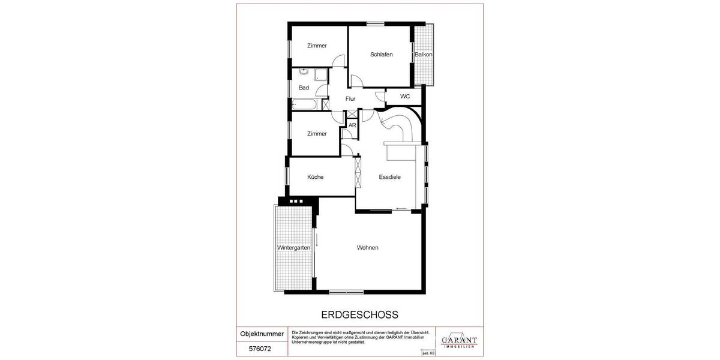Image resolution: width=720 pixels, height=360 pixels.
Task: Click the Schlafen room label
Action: pos(381,55)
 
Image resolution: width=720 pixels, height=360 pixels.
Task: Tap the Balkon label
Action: pos(423,55)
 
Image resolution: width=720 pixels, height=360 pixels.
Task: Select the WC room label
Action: pos(405,96)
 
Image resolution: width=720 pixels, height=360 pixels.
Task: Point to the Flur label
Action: pos(350,99)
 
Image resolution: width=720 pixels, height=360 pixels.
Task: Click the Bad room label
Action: pos(304,88)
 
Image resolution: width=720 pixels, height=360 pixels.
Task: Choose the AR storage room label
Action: pos(352,125)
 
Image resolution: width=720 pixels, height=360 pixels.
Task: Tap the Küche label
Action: pos(315,177)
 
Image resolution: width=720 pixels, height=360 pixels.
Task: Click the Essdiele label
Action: pos(389,177)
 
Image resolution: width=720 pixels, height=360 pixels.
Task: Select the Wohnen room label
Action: pos(367,248)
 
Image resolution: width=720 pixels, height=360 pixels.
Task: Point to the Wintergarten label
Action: pos(293,248)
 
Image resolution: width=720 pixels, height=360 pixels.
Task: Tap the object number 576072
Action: pos(256,347)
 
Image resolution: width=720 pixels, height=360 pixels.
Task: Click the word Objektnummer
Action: pos(262,334)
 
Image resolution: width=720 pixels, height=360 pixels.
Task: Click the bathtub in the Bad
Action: pos(305,105)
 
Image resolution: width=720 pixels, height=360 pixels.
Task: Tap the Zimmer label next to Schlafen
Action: pos(317,46)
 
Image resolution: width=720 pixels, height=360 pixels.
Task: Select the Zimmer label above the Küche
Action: pos(317,134)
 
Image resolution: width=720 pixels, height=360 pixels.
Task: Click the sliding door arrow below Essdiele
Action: pos(401,209)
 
